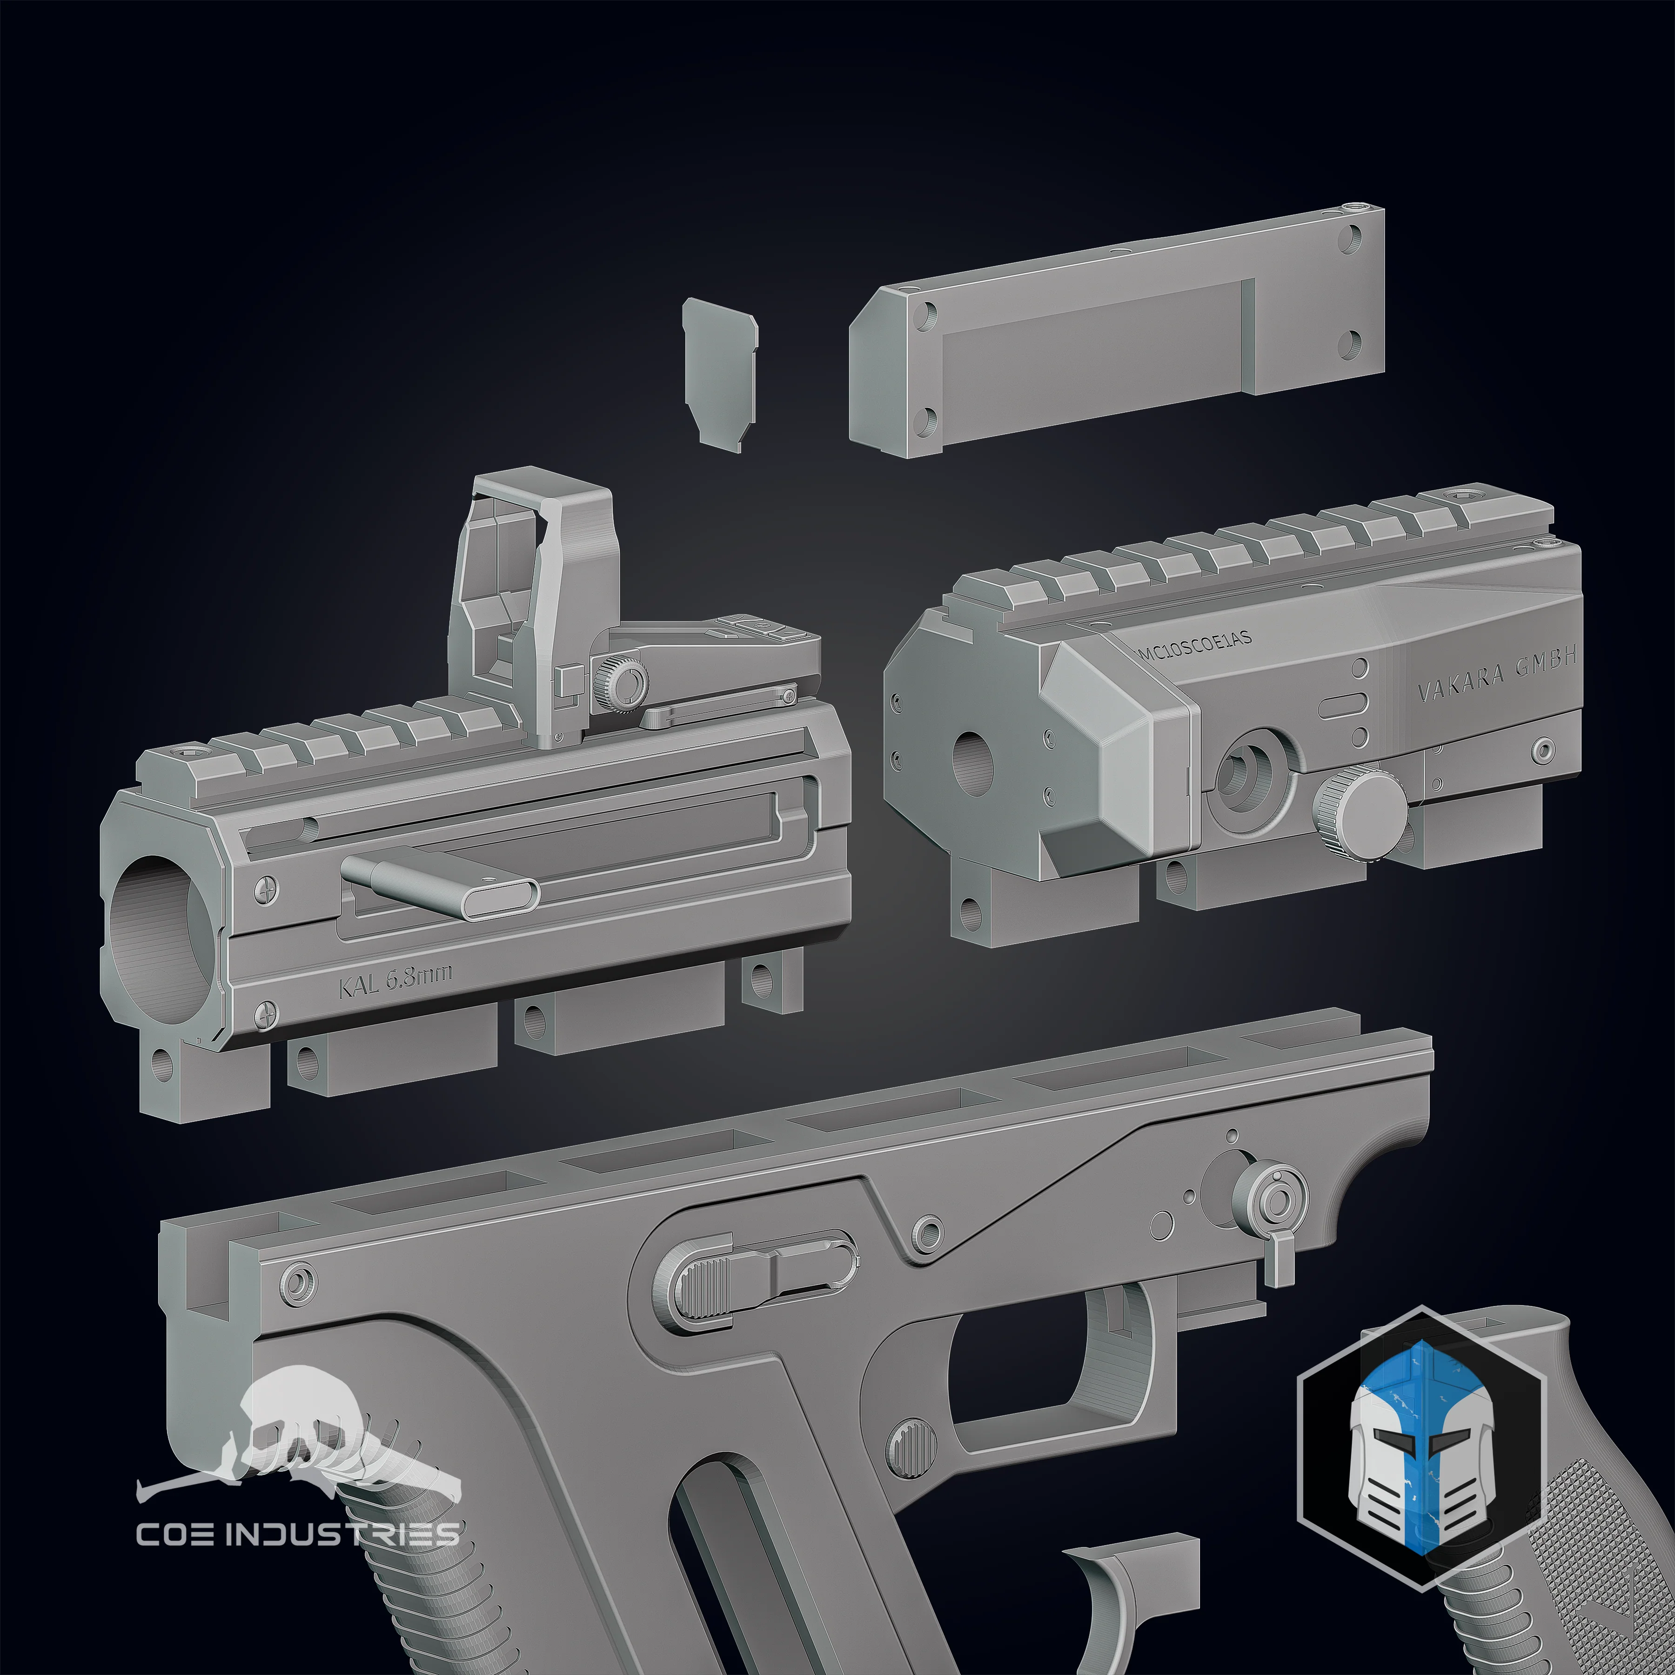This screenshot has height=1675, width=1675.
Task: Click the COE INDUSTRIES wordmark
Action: (x=297, y=1534)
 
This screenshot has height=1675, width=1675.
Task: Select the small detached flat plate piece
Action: (x=720, y=373)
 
